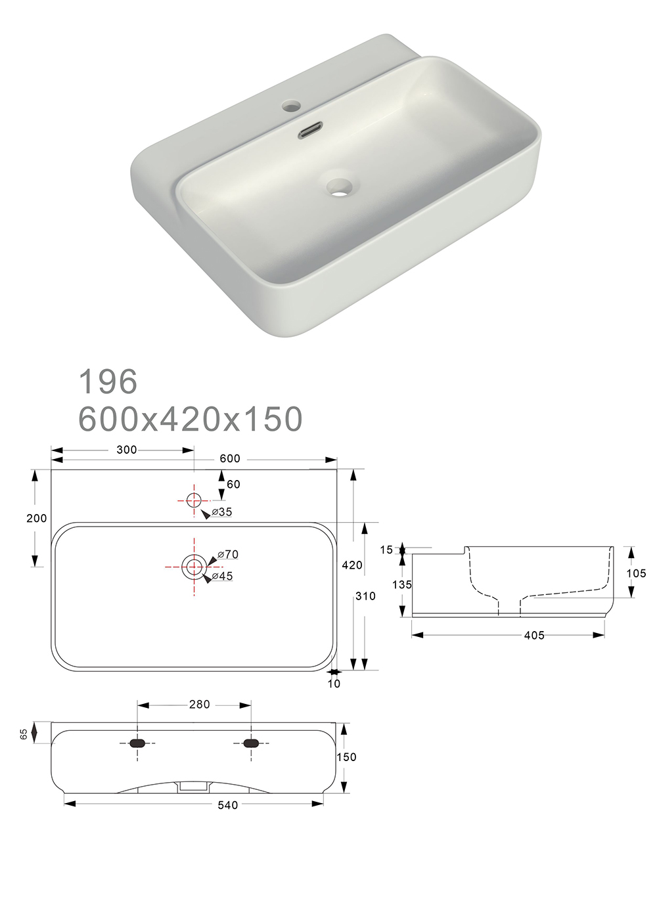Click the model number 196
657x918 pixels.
pos(108,381)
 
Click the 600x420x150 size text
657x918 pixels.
pos(191,419)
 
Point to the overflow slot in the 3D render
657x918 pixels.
pos(311,129)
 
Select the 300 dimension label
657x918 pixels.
pos(126,450)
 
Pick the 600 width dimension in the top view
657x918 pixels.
pos(230,458)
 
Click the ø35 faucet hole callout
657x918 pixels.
pos(222,512)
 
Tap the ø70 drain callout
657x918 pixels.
pos(227,554)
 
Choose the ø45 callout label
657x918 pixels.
pos(222,576)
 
